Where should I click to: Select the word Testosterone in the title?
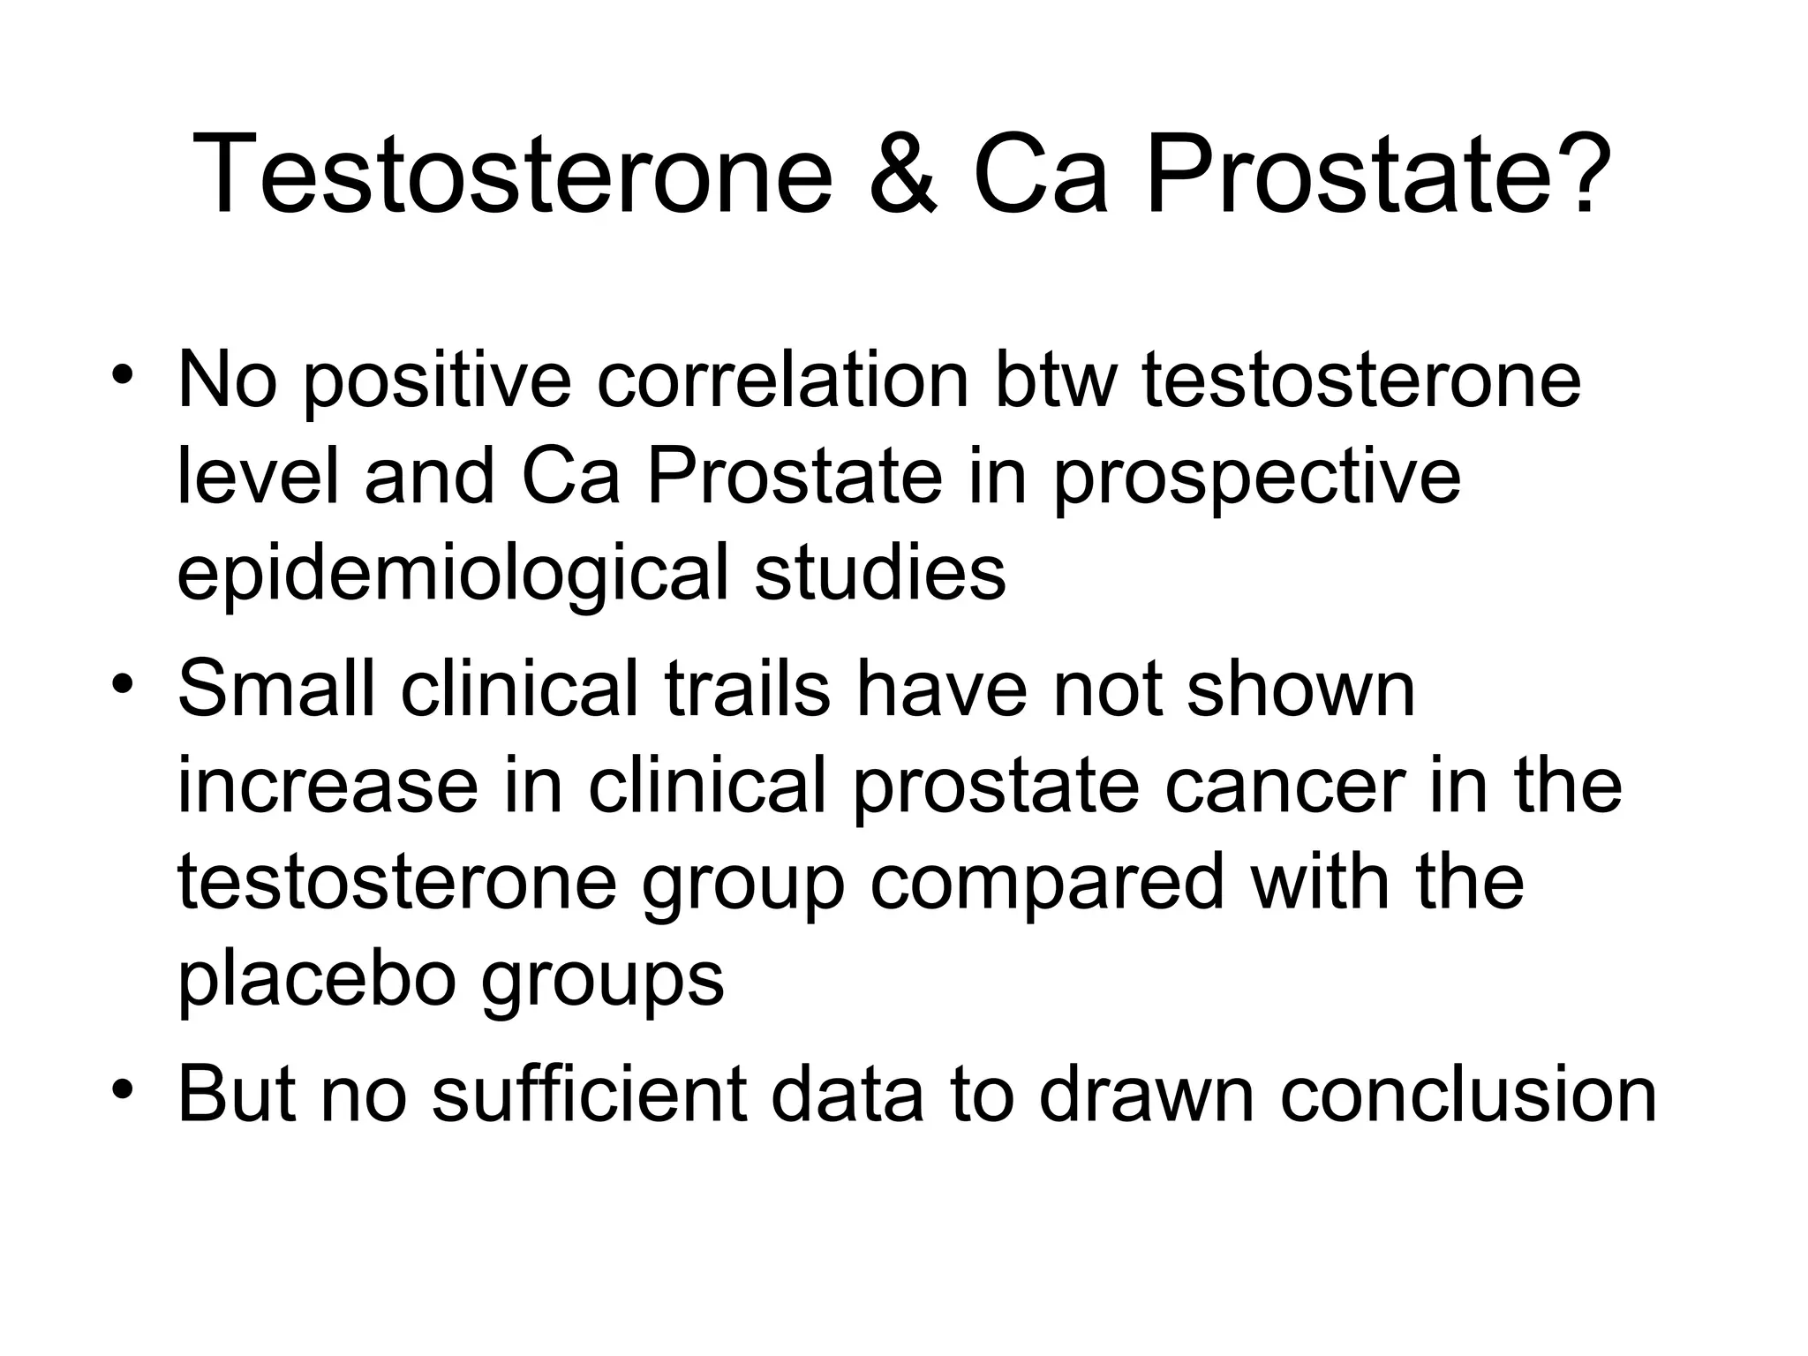point(511,173)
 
